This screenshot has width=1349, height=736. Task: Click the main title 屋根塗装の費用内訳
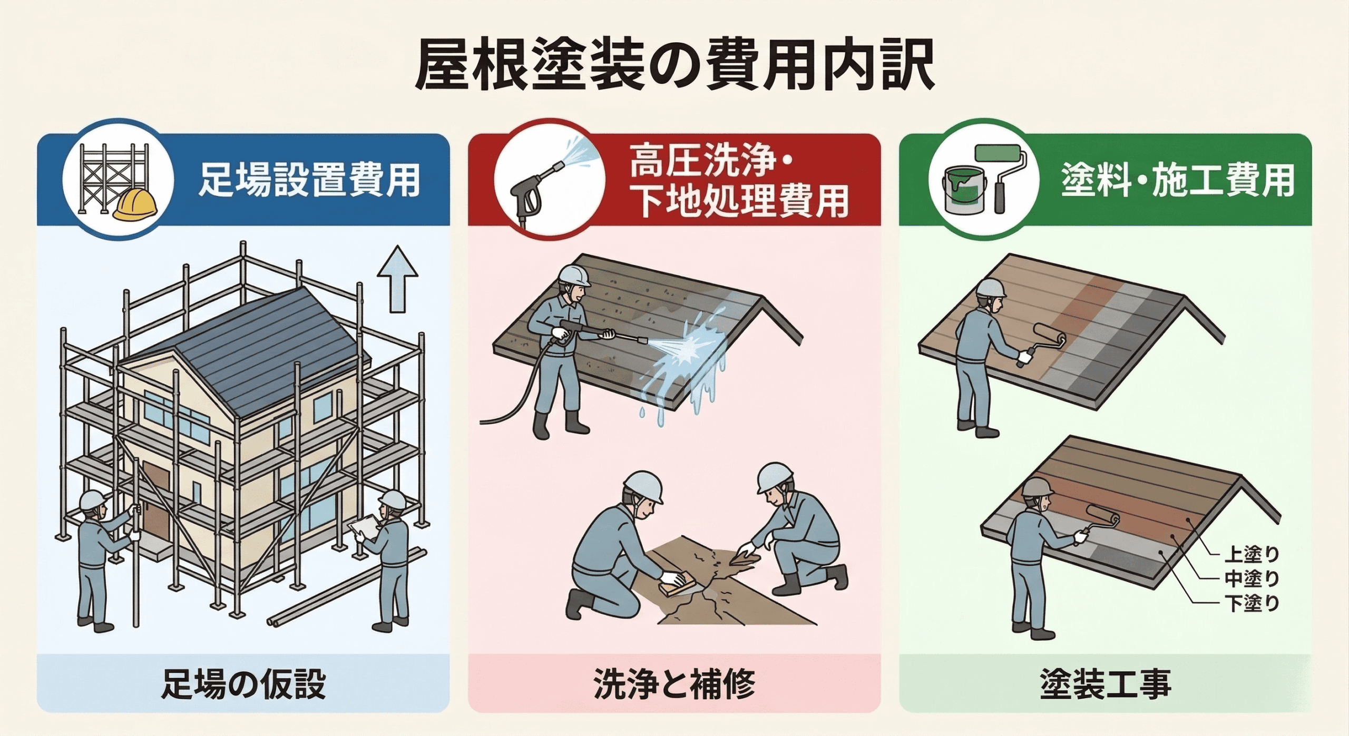tap(674, 67)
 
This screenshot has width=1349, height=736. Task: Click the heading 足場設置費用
tap(309, 181)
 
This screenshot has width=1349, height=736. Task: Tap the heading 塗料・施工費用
tap(1178, 181)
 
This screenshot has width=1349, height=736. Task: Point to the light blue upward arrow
tap(397, 279)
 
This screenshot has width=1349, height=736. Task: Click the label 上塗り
tap(1252, 555)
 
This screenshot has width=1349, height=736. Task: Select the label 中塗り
tap(1252, 578)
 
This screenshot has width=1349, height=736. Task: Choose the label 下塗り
tap(1252, 602)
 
